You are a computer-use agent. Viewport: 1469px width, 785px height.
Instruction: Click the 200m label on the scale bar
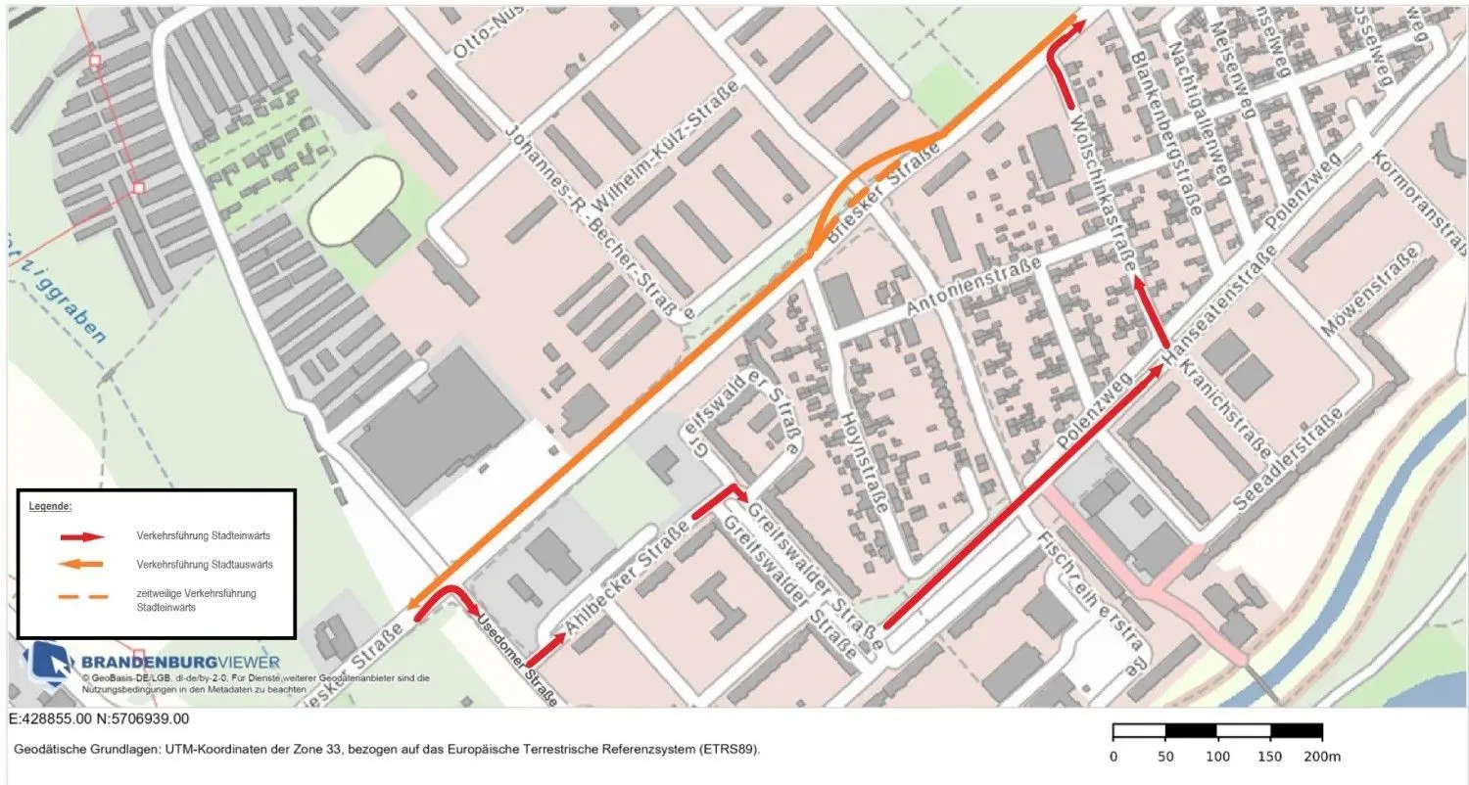1323,757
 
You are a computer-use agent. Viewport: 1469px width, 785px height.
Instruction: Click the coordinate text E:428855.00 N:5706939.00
99,719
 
